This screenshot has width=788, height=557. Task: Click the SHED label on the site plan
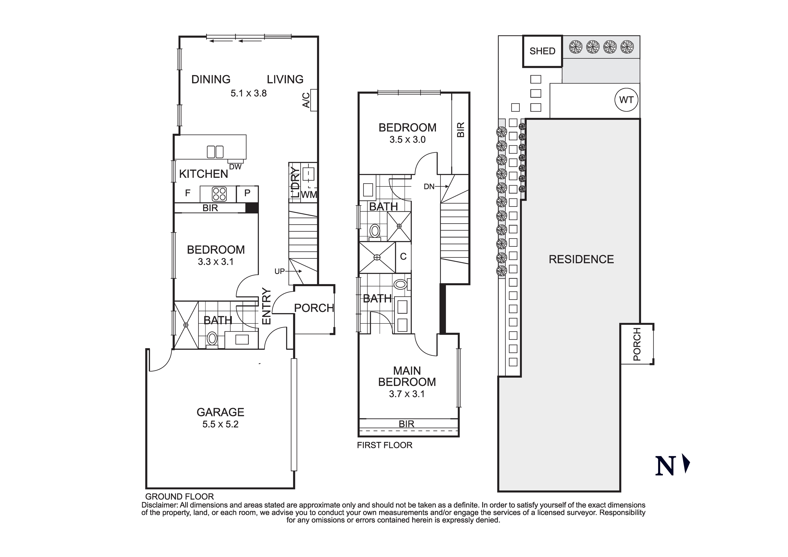[542, 51]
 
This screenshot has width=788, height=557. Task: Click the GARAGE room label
[220, 412]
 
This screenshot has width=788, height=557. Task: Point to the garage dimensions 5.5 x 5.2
[220, 424]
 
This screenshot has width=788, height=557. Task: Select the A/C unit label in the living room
[306, 100]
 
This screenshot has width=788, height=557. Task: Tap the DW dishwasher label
[235, 167]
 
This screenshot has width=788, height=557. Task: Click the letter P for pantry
[247, 193]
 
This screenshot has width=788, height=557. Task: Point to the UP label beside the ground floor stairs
[280, 271]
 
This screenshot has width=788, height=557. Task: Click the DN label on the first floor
[429, 187]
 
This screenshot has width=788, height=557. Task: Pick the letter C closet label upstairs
[403, 256]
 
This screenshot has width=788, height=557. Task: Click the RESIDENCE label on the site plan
[581, 259]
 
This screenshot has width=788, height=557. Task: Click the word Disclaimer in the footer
[160, 505]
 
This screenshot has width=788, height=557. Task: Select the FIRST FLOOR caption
[384, 445]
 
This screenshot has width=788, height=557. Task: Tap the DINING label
[211, 79]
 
